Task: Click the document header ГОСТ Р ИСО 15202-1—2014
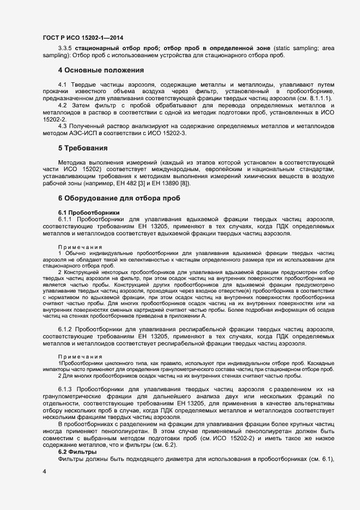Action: (82, 37)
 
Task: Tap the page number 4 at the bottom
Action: (44, 471)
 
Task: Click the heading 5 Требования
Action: (83, 148)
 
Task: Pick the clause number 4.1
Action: (63, 85)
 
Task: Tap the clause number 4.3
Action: (63, 126)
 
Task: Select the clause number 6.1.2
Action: (65, 330)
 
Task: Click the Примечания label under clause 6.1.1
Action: (80, 247)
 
